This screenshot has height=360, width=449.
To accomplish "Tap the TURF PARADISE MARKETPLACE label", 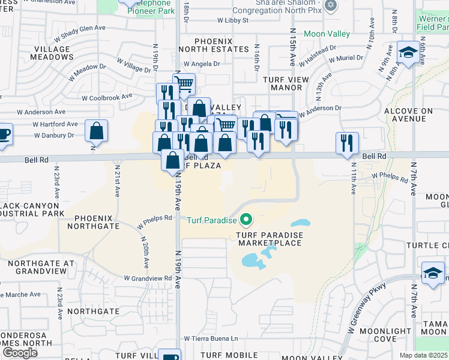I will coord(270,239).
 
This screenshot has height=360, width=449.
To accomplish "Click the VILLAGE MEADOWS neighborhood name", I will coord(53,53).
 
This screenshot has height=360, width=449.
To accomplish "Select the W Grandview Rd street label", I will coord(148,278).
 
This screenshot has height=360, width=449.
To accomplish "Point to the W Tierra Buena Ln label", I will coord(211,339).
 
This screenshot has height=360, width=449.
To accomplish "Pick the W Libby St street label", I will coord(233,20).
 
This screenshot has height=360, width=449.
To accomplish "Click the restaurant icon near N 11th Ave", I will coord(347,143).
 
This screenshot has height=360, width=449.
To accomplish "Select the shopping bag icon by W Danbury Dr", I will coord(96,131).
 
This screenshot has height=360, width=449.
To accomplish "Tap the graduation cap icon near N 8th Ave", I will coord(408,52).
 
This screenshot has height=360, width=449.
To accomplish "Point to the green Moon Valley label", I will coord(327,34).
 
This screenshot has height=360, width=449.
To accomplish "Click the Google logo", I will coord(20,352).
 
